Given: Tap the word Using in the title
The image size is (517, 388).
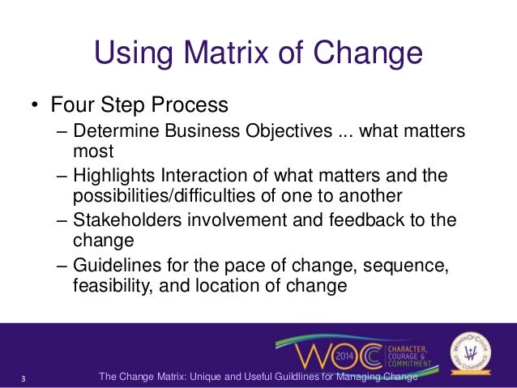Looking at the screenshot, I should click(x=132, y=54).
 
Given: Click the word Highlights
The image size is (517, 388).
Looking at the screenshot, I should click(x=113, y=177).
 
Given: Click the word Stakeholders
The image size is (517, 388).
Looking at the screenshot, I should click(x=124, y=221).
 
